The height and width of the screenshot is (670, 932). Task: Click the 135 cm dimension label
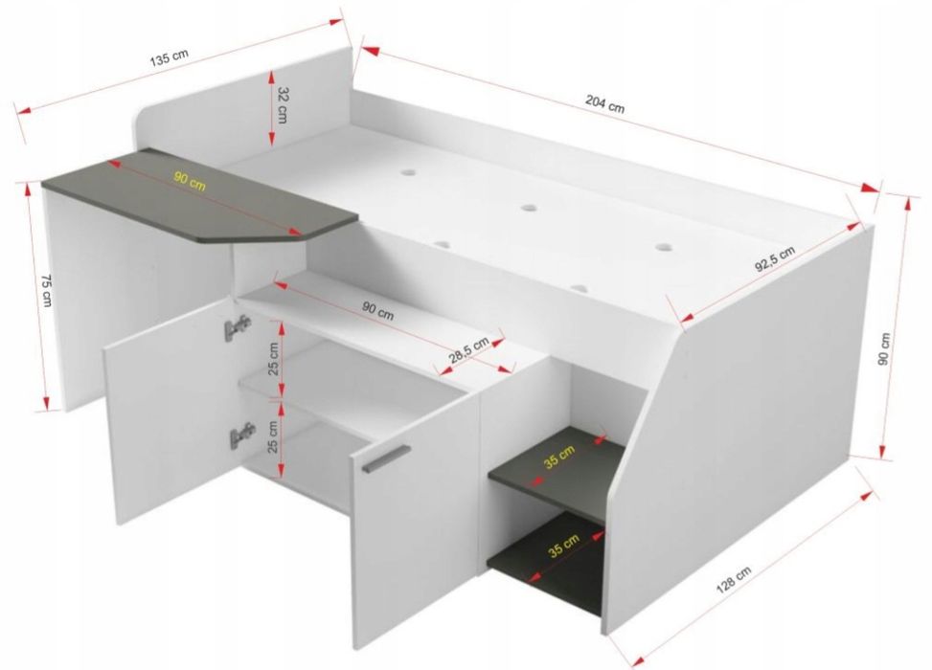(169, 57)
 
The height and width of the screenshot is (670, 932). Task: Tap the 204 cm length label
(605, 104)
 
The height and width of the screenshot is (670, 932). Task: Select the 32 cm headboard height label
(283, 105)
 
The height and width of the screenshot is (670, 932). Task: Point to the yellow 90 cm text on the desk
(190, 181)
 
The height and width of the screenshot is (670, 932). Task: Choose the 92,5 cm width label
(775, 259)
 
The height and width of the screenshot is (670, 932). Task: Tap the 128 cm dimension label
(733, 579)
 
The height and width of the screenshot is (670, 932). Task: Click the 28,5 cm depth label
(468, 350)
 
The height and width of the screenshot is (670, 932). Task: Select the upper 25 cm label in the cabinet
(273, 359)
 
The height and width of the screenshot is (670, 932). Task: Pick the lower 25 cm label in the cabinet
(273, 436)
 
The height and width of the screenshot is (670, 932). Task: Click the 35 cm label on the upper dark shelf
(559, 457)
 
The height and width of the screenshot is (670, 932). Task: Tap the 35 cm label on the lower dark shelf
(563, 546)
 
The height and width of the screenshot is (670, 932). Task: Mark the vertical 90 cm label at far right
(885, 348)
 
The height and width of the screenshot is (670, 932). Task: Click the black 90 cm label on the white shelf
(378, 310)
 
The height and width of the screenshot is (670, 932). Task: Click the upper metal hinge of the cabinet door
(238, 327)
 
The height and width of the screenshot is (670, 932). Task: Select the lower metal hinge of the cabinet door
(242, 435)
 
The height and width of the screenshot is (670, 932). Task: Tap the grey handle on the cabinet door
(386, 458)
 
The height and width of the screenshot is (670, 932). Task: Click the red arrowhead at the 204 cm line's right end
(870, 188)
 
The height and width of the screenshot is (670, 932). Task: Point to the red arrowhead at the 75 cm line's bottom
(46, 403)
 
